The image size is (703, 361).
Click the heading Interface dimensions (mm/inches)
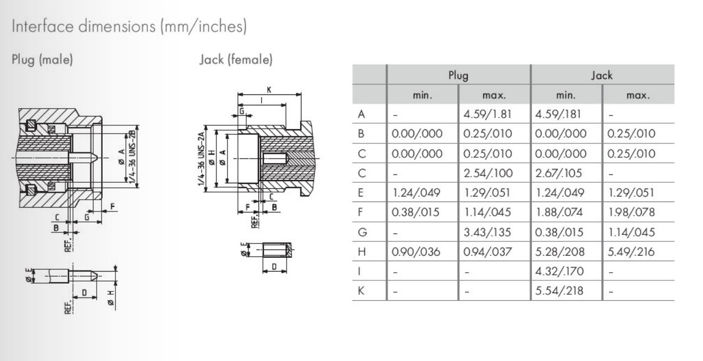(x=128, y=26)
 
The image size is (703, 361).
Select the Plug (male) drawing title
(x=43, y=60)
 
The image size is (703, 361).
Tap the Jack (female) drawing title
(x=236, y=60)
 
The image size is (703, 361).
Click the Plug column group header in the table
(x=458, y=75)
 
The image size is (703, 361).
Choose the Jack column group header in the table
(x=602, y=75)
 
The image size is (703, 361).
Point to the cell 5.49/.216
(x=631, y=252)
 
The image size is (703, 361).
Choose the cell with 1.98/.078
(x=631, y=213)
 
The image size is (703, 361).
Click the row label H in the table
(x=362, y=252)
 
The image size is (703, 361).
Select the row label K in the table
(x=362, y=291)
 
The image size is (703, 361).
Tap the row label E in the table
(x=362, y=193)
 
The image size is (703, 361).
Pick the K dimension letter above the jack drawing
(x=269, y=89)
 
